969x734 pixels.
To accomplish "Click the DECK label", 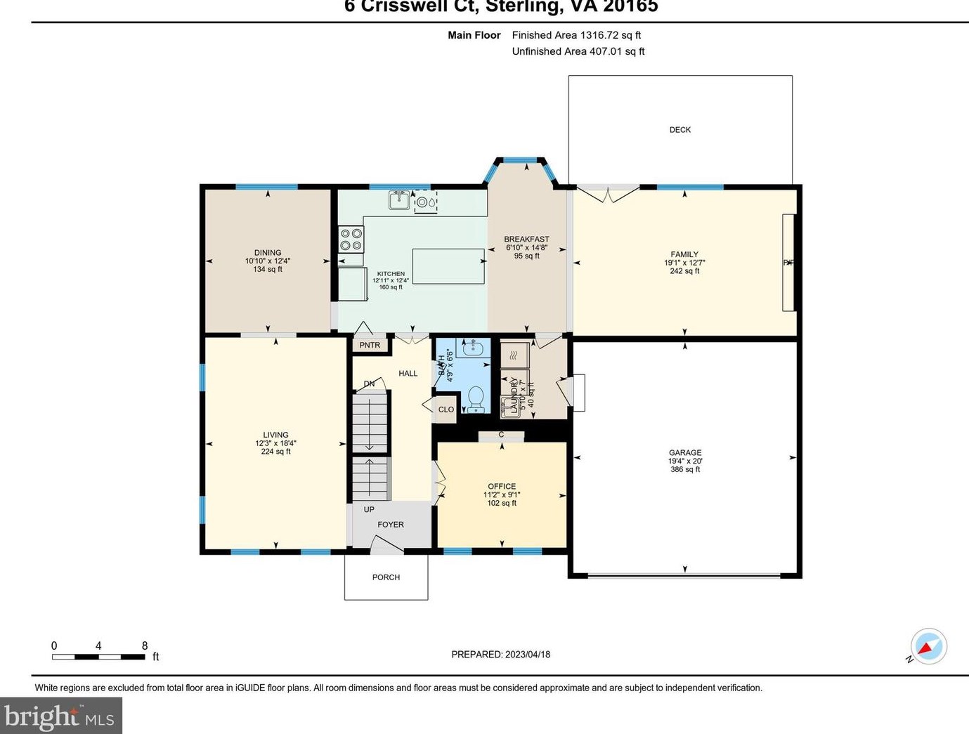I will click(x=679, y=130).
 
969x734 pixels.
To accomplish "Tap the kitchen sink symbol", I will click(x=400, y=200).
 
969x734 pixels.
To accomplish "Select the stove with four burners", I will click(x=351, y=239).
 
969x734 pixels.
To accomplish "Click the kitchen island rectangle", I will click(x=448, y=266).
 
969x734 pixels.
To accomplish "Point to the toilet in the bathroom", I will click(x=476, y=399).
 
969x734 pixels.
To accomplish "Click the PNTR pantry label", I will click(x=370, y=346).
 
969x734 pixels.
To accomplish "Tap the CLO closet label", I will click(x=446, y=409).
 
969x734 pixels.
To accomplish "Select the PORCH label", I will click(x=386, y=577).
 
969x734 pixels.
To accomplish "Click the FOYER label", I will click(x=391, y=525).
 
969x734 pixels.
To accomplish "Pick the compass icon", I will click(x=928, y=646).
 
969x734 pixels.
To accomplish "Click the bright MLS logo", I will click(x=60, y=716).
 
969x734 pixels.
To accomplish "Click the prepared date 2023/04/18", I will click(x=527, y=655).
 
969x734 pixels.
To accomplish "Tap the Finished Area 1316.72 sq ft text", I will click(x=576, y=35).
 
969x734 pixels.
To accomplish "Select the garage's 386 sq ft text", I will click(x=685, y=470).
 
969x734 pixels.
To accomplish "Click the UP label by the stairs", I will click(x=369, y=510).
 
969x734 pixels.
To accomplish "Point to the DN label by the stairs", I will click(x=369, y=384).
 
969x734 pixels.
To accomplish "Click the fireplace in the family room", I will click(x=788, y=263).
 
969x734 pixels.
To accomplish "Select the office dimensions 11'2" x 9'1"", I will click(x=502, y=494).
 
